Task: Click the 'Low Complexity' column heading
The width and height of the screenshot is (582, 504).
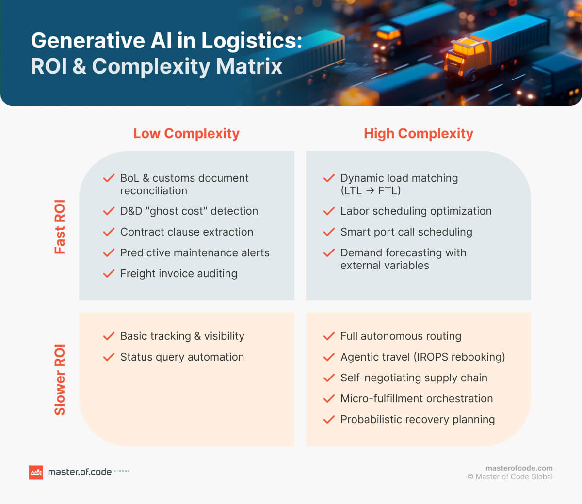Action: coord(186,133)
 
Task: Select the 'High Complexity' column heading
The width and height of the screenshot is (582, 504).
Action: coord(418,133)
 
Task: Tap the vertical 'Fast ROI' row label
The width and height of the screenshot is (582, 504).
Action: coord(60,226)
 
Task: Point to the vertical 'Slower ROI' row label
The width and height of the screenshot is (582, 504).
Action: coord(60,379)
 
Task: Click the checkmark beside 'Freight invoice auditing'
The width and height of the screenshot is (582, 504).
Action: coord(109,274)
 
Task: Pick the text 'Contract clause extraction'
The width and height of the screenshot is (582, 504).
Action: coord(187,232)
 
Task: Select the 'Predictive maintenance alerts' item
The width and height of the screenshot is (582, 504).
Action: coord(194,253)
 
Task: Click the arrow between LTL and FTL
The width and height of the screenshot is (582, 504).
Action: coord(370,191)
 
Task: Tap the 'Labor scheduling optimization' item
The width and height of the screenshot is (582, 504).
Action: coord(416,211)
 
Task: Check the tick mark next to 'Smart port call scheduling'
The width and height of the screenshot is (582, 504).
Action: coord(329,232)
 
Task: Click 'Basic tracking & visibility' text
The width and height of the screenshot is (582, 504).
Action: coord(182,336)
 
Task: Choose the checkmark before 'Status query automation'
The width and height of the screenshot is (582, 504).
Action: coord(109,357)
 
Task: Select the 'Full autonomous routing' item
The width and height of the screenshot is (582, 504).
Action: coord(401,336)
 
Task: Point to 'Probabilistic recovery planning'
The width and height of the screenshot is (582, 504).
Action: coord(417,420)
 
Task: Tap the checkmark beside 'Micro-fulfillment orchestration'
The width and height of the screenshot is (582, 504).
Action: coord(329,399)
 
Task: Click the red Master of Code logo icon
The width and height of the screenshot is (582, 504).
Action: coord(36,472)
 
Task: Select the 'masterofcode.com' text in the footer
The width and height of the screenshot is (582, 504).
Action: coord(519,468)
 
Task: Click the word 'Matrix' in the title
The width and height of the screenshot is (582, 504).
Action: coord(249,66)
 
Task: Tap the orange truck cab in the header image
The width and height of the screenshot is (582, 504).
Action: coord(466,56)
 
